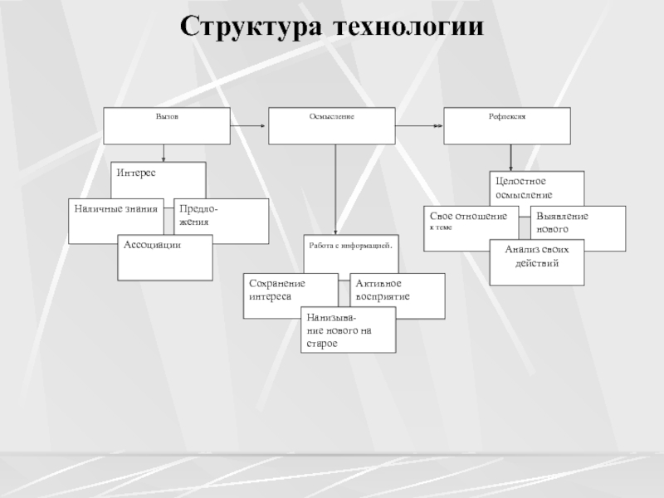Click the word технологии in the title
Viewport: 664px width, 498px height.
(408, 27)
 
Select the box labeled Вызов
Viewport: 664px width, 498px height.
(167, 125)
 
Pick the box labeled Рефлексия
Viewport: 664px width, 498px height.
(507, 125)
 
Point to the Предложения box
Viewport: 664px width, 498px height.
(221, 221)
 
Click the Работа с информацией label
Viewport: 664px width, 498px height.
(349, 246)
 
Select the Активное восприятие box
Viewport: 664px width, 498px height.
(397, 295)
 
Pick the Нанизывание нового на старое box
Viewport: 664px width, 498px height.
(348, 330)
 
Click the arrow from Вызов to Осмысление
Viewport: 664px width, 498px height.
(247, 125)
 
